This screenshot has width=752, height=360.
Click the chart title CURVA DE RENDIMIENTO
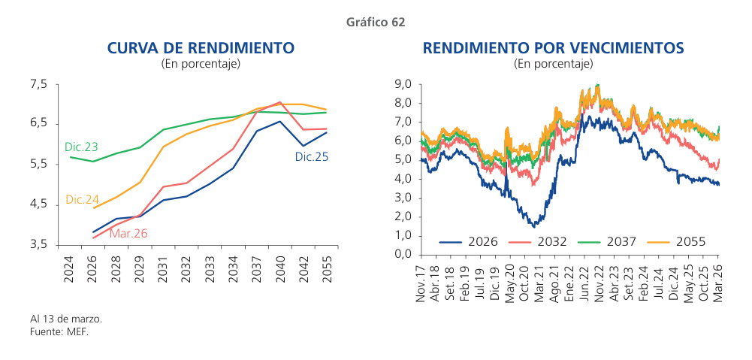coord(201,48)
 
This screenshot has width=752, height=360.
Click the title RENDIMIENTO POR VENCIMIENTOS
coord(553,48)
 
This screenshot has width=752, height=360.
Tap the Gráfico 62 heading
coord(376,23)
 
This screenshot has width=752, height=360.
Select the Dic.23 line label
coord(81,147)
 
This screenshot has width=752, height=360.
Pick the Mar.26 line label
coord(128,234)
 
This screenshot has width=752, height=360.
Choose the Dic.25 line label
coord(311,157)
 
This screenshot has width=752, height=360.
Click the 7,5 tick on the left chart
coord(39,84)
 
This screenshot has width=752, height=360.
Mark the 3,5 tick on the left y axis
coord(39,245)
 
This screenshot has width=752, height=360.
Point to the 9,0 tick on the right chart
coord(403,84)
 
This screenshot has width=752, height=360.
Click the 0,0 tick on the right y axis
coord(403,254)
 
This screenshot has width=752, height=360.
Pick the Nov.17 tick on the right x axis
coord(421,281)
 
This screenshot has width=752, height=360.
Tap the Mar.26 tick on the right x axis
coord(717,281)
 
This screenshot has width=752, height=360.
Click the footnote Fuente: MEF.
coord(59,331)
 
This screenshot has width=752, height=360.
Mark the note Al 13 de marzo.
coord(65,319)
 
